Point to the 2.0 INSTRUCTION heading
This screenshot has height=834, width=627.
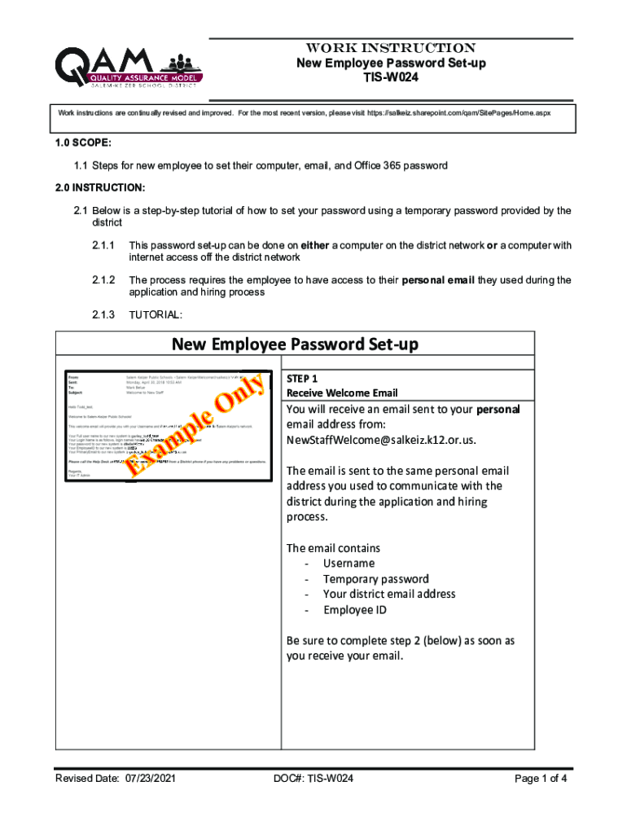pos(102,188)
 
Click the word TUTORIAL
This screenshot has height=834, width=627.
pos(156,314)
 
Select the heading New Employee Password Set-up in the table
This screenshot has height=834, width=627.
pos(295,345)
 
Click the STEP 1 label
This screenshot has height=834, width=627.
pos(302,379)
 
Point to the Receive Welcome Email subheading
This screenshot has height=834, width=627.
pos(341,393)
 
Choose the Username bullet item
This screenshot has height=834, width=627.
pos(349,563)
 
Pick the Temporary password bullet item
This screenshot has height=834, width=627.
pos(375,578)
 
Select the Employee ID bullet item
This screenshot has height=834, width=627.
pos(354,609)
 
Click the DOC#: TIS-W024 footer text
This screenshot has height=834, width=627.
pos(313,779)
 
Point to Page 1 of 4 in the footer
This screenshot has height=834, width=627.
pos(541,779)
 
